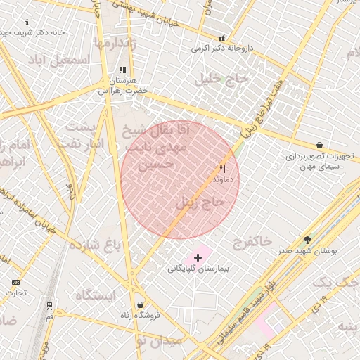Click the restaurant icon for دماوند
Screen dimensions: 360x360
click(223, 169)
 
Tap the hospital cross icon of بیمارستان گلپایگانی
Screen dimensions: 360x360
click(198, 258)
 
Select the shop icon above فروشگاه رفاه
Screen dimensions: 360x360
click(141, 305)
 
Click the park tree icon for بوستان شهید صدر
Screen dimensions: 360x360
click(307, 240)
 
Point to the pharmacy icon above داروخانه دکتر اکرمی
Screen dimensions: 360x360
click(223, 39)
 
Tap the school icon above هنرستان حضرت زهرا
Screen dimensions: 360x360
click(122, 70)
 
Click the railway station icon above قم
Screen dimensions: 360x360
click(49, 306)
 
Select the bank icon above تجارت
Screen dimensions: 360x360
click(16, 282)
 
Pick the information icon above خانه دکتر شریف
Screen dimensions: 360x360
click(27, 22)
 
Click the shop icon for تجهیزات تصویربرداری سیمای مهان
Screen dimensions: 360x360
click(320, 145)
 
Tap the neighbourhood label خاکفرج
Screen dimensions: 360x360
click(251, 241)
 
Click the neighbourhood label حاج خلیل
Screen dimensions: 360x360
click(224, 79)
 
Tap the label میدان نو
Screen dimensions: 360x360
click(160, 340)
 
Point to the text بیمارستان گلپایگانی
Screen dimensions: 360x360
click(198, 269)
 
